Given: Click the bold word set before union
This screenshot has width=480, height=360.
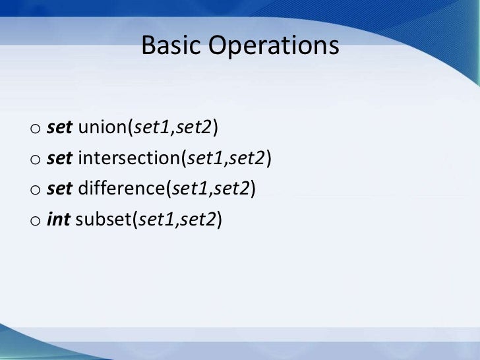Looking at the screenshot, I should click(60, 127).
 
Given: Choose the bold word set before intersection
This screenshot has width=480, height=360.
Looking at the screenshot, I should click(60, 158).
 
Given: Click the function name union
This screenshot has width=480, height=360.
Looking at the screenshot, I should click(104, 127).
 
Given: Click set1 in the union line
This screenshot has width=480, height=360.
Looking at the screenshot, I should click(152, 127).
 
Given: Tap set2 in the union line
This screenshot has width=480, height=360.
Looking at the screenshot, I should click(194, 127).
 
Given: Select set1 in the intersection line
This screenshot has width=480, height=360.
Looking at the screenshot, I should click(206, 158).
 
